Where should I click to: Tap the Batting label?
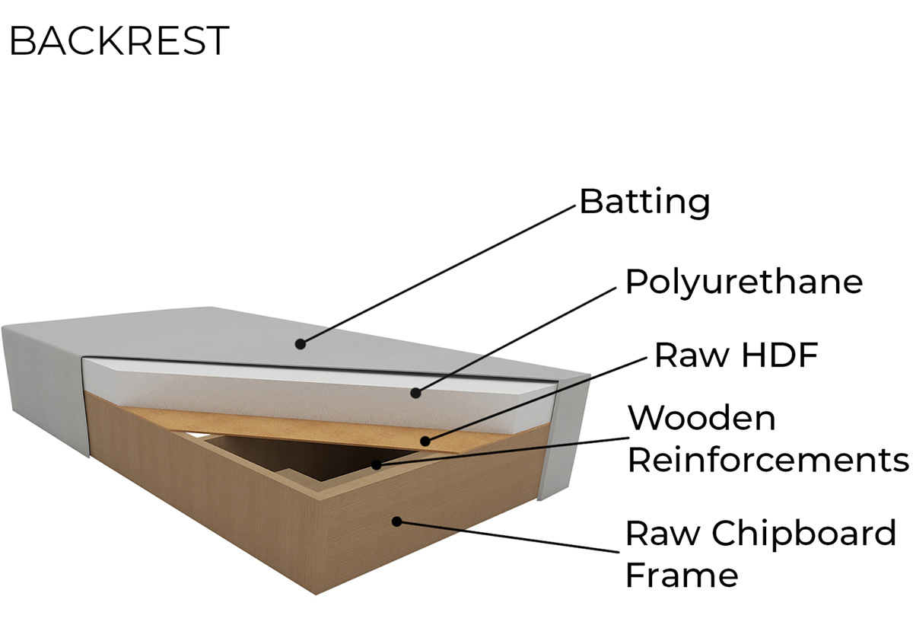coord(644,202)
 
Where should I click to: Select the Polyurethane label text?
coord(744,282)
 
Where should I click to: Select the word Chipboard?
coord(803,534)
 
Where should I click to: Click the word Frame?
coord(682,575)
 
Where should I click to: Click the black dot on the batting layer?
coord(300,344)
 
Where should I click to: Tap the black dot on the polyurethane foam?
coord(415,393)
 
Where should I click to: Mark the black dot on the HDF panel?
coord(425,441)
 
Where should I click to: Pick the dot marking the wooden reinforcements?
coord(376,464)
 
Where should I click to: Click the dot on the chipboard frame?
coord(396,521)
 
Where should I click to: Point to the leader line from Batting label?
coord(437,275)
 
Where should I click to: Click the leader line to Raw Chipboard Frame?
coord(508,537)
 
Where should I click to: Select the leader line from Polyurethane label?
coord(516,340)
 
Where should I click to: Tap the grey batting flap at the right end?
coord(565,438)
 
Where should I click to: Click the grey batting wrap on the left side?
coord(45,387)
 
